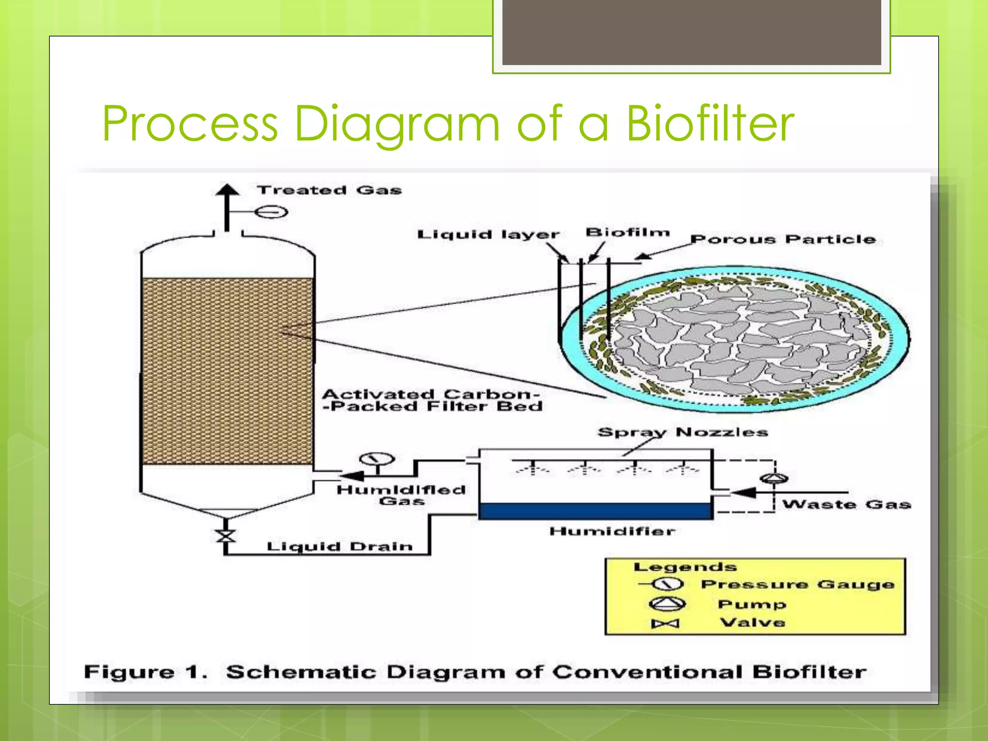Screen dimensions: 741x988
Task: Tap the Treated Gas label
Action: click(x=329, y=191)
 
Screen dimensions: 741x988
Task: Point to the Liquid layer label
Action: click(x=488, y=235)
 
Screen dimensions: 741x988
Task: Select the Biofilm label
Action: click(x=627, y=233)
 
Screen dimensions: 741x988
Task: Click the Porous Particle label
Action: click(x=782, y=239)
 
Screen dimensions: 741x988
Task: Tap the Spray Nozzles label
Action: click(x=682, y=432)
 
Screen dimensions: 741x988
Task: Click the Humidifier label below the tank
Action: click(x=612, y=532)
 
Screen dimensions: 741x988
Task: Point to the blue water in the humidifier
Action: click(x=595, y=511)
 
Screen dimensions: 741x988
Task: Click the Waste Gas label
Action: click(x=846, y=505)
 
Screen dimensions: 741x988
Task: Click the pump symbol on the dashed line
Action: click(x=774, y=478)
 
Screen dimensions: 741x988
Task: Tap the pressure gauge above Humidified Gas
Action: click(x=377, y=459)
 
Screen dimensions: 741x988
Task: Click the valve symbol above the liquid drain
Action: click(x=225, y=536)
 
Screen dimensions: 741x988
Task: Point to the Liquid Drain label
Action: click(x=340, y=547)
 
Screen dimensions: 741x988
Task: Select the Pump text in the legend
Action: click(x=752, y=604)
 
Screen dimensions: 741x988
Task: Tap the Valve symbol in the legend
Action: click(x=665, y=624)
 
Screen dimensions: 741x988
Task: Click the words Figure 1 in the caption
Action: click(x=145, y=672)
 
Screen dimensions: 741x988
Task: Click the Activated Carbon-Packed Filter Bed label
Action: click(x=432, y=400)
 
